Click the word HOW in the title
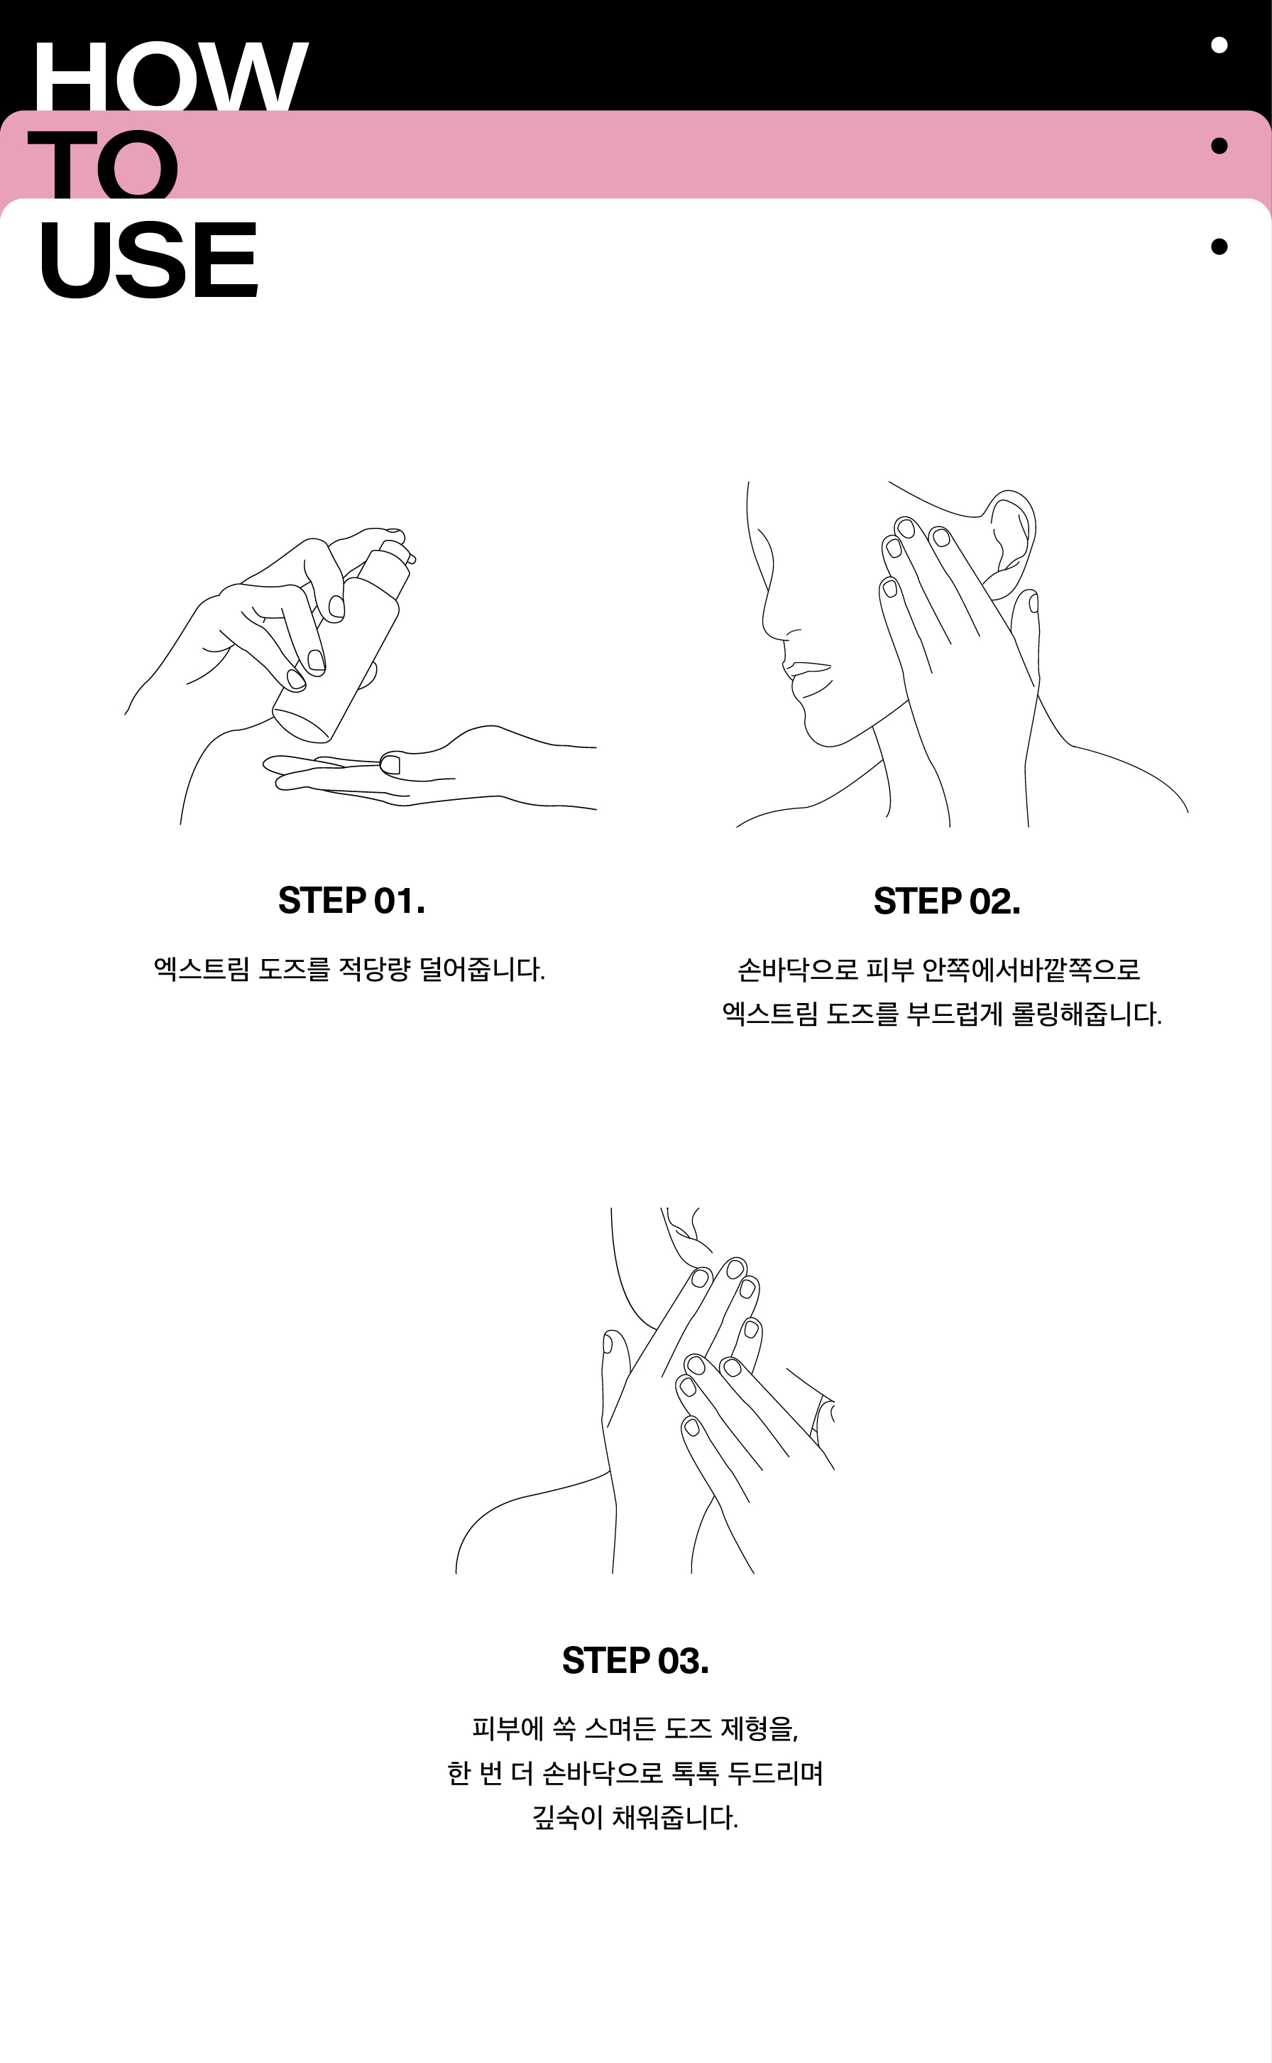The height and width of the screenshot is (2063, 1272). (x=170, y=77)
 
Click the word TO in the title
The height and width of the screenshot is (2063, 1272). (x=104, y=164)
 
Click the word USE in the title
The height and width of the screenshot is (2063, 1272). (x=148, y=259)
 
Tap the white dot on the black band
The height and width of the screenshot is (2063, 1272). (x=1219, y=45)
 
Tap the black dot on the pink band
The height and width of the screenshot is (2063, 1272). (x=1219, y=146)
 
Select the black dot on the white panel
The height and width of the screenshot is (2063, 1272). (x=1219, y=247)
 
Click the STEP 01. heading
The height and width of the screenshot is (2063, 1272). (x=351, y=901)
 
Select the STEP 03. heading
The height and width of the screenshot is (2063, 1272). (x=636, y=1661)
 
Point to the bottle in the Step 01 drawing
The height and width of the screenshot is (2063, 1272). (x=341, y=644)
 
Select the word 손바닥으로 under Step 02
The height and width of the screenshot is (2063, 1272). (x=798, y=970)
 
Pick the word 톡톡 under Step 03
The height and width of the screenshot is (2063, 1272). (x=696, y=1772)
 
